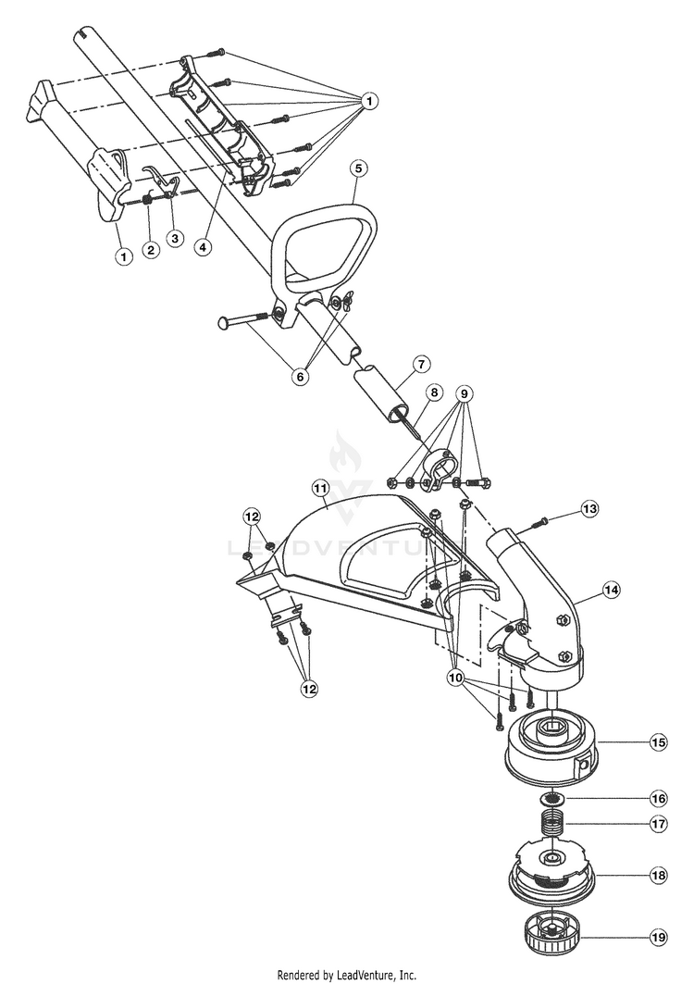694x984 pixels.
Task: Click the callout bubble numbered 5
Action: (358, 168)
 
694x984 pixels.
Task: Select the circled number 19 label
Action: (659, 938)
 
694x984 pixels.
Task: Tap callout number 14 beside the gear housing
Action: (611, 590)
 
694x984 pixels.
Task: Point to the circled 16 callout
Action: (659, 798)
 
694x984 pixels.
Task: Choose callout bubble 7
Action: (420, 364)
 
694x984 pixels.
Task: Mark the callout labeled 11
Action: (321, 488)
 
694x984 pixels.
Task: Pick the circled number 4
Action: (202, 246)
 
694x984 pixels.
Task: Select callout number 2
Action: (150, 250)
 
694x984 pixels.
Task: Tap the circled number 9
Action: (465, 394)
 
